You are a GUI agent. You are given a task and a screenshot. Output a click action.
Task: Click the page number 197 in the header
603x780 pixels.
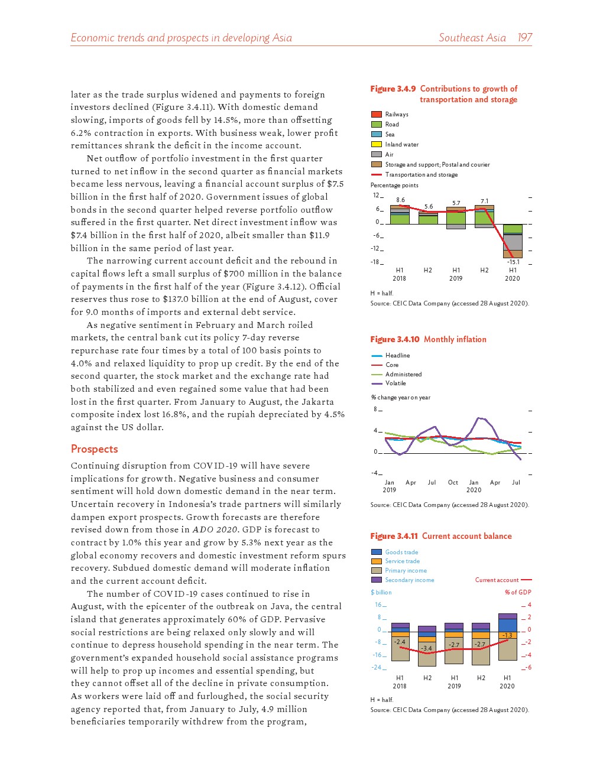[524, 38]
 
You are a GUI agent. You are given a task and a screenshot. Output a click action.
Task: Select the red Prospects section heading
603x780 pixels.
[95, 449]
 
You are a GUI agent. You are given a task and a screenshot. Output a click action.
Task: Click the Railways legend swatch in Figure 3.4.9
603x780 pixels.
[377, 114]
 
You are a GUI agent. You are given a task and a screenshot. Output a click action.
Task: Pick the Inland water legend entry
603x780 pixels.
[401, 144]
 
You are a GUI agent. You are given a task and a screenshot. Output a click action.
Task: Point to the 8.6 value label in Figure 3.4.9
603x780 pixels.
[401, 200]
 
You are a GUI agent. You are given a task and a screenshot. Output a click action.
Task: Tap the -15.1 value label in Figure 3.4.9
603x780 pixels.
[513, 262]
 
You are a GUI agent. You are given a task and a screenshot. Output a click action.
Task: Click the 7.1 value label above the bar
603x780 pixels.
[485, 201]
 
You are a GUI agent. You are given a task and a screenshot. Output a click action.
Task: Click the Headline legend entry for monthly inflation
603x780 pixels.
[397, 355]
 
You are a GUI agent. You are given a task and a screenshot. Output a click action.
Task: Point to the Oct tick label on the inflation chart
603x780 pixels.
[453, 483]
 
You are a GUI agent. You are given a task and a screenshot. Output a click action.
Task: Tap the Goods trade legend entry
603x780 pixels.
[401, 552]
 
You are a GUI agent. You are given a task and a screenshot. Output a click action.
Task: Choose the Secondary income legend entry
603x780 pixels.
[409, 580]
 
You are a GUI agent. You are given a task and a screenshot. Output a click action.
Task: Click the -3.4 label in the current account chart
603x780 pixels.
[426, 648]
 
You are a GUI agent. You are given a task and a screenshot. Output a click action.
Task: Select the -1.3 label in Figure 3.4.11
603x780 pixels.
[507, 636]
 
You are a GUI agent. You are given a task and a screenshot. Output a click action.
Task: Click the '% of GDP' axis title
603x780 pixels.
[518, 592]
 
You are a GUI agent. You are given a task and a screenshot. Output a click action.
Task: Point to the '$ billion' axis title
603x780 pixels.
[381, 592]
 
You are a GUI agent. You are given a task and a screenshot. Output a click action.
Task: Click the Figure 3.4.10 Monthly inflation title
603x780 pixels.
[428, 339]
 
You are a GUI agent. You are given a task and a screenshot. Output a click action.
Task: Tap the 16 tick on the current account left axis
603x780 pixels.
[378, 604]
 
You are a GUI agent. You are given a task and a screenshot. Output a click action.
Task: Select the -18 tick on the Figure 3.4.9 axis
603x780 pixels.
[375, 262]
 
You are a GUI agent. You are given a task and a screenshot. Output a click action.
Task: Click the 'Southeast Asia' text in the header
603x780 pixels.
[472, 38]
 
